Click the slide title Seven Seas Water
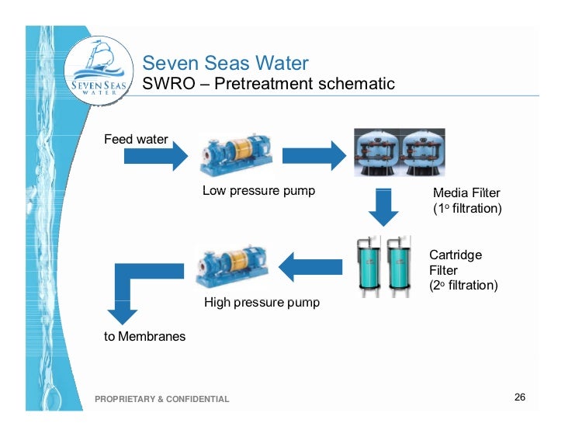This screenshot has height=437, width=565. click(225, 63)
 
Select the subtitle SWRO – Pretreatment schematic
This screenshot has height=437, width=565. click(268, 84)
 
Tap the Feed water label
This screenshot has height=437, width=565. click(136, 140)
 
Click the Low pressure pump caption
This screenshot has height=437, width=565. click(258, 191)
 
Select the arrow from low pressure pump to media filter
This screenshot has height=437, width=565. click(312, 155)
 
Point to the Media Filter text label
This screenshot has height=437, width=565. click(466, 200)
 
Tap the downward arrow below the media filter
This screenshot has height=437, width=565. click(383, 206)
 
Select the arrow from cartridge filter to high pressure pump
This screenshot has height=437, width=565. click(310, 268)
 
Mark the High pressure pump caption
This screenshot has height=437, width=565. click(262, 302)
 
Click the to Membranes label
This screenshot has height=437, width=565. click(144, 337)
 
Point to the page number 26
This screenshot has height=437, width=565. click(520, 397)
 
